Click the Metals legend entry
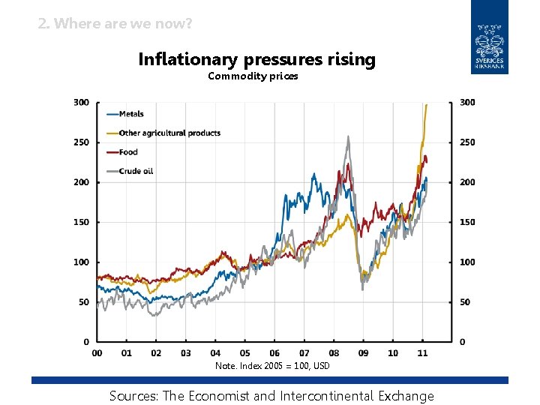[131, 114]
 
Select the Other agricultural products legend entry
[169, 133]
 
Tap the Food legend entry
[128, 152]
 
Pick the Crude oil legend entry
[136, 171]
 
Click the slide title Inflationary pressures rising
[256, 59]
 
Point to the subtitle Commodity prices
[253, 76]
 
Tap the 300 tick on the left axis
[81, 102]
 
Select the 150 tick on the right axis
[467, 222]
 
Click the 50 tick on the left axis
[84, 302]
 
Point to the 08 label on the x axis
[334, 352]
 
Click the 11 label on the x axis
[422, 352]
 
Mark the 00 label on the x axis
[97, 352]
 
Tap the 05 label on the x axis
[244, 352]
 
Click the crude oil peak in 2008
[348, 137]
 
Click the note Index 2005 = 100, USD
[272, 366]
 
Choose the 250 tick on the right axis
[467, 142]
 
